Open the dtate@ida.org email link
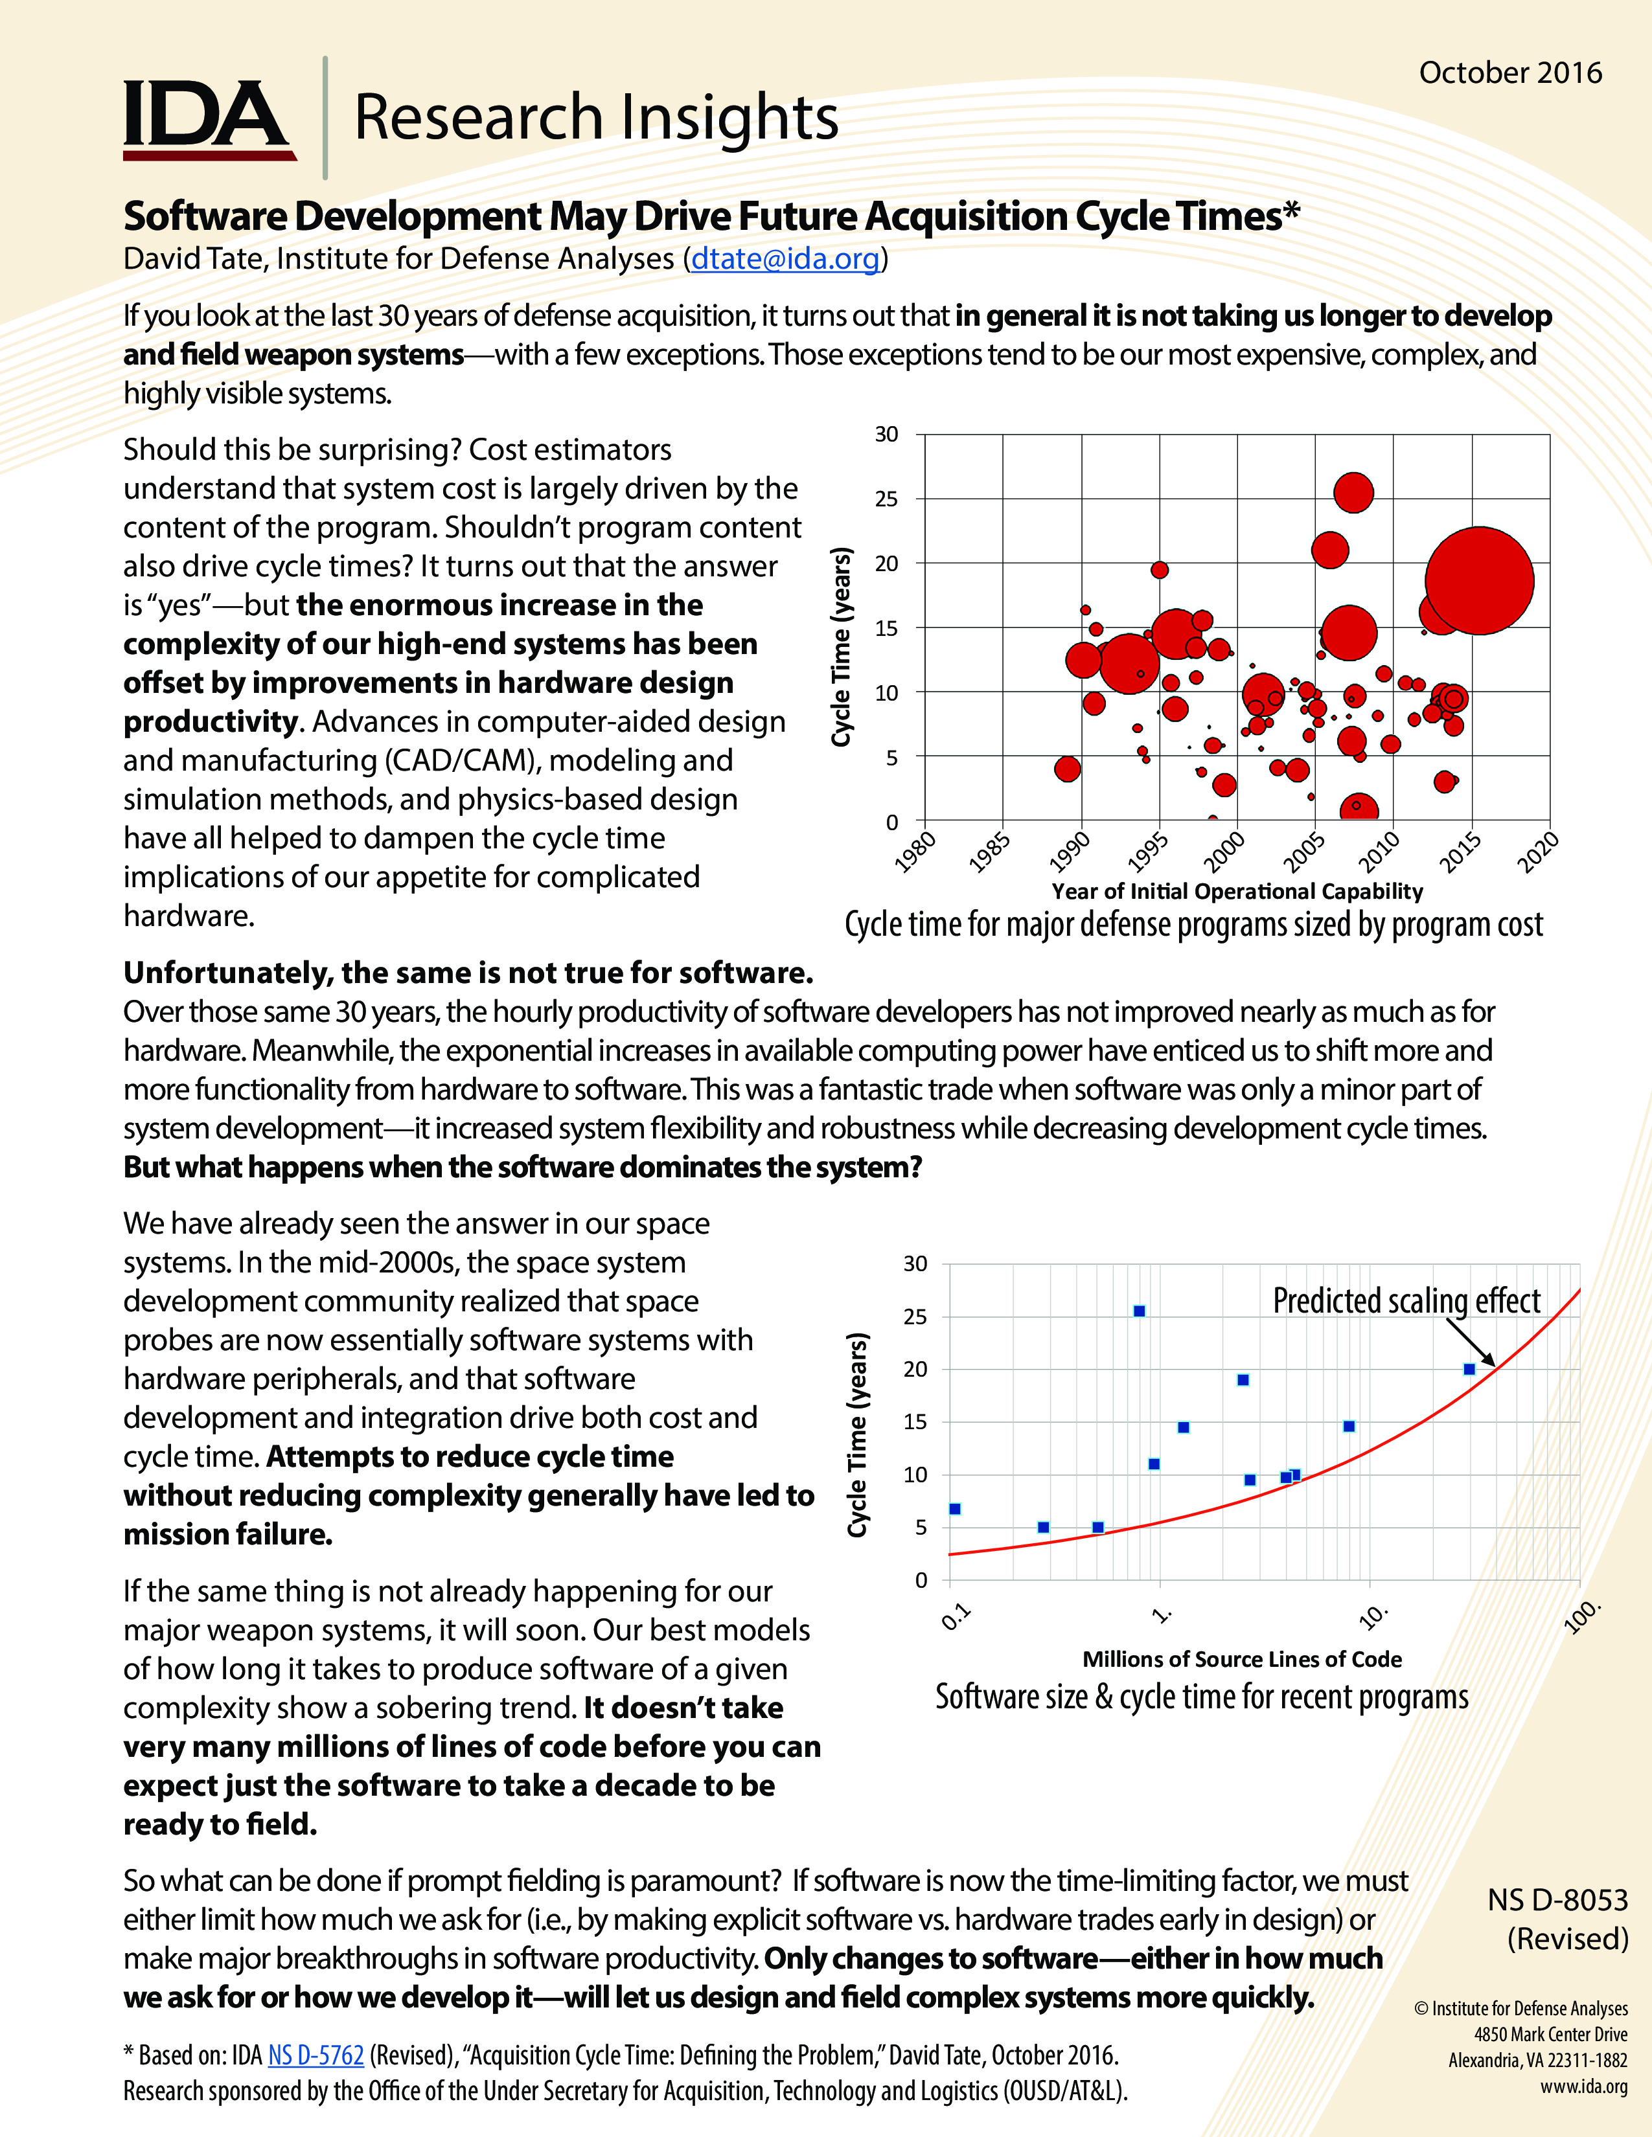coord(785,258)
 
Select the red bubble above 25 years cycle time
coord(1353,492)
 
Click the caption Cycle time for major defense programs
coord(1193,925)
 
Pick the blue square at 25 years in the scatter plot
coord(1139,1311)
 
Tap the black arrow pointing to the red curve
coord(1471,1342)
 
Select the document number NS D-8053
coord(1557,1899)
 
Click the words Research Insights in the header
coord(595,117)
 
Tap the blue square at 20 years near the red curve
coord(1469,1369)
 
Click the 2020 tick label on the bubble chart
coord(1537,852)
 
